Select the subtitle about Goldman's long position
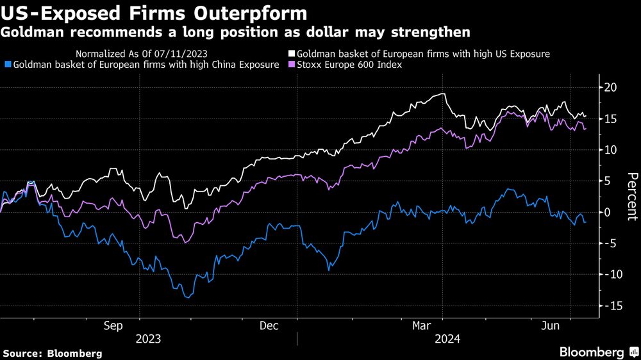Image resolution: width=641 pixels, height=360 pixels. click(x=235, y=32)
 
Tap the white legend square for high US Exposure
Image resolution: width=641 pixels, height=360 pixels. click(x=291, y=54)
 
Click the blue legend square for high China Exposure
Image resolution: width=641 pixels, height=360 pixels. click(x=7, y=65)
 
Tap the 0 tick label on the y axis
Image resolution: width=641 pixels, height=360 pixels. click(x=611, y=213)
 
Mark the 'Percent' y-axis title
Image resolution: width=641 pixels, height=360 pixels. click(x=631, y=196)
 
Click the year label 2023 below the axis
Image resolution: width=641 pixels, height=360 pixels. click(x=148, y=338)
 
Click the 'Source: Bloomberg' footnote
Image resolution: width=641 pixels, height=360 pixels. click(x=53, y=353)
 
